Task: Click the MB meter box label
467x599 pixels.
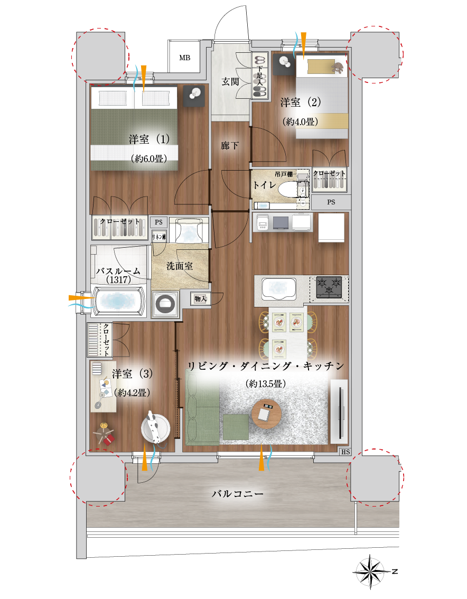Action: coord(184,58)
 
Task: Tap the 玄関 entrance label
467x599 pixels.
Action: coord(230,82)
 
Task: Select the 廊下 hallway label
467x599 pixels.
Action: coord(230,146)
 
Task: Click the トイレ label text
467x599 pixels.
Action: coord(265,185)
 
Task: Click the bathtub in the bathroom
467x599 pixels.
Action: coord(118,301)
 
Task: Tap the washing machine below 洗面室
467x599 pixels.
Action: coord(165,304)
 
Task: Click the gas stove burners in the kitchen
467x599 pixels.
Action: coord(329,287)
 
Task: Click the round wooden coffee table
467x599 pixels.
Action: coord(266,414)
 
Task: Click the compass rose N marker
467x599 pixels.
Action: coord(395,572)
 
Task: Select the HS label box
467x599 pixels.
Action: coord(345,452)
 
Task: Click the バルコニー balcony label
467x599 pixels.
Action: coord(237,494)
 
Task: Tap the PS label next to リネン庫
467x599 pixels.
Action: coord(158,222)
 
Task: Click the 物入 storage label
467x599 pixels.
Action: coord(200,299)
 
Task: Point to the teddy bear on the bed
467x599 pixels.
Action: coord(337,68)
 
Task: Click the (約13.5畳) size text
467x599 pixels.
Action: coord(266,384)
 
